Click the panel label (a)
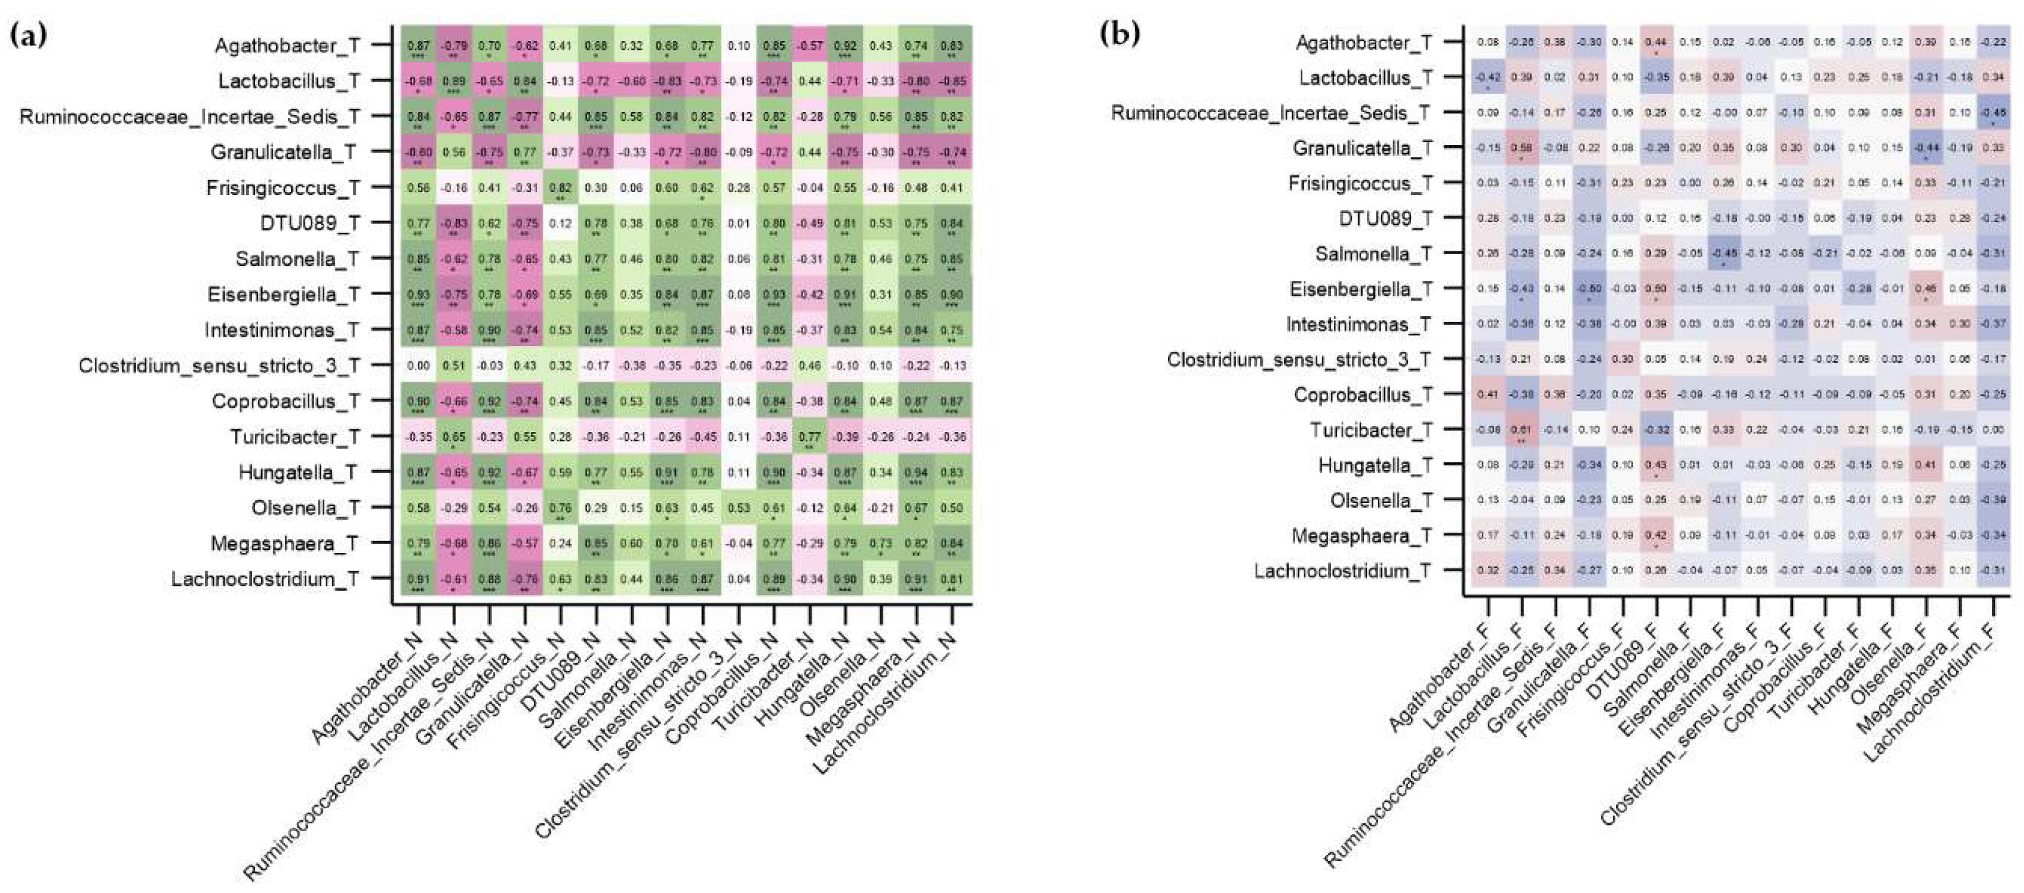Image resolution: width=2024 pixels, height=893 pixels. point(27,36)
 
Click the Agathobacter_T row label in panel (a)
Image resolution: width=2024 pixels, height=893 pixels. point(287,46)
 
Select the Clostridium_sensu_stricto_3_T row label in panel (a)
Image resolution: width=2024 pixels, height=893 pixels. point(219,366)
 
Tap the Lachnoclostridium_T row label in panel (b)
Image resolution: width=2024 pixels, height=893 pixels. point(1343,571)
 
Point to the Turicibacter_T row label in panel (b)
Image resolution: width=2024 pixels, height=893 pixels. point(1371,430)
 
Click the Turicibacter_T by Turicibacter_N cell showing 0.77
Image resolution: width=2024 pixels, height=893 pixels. point(809,436)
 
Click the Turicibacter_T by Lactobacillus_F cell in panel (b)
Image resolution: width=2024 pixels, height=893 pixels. point(1521,430)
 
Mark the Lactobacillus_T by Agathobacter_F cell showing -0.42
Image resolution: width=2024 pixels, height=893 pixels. point(1487,78)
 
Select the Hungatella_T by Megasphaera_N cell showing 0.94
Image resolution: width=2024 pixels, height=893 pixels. point(916,472)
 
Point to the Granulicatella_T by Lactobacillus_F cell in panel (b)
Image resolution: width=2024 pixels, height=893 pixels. point(1521,149)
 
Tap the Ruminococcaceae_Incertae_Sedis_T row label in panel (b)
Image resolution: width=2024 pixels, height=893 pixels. point(1270,113)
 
